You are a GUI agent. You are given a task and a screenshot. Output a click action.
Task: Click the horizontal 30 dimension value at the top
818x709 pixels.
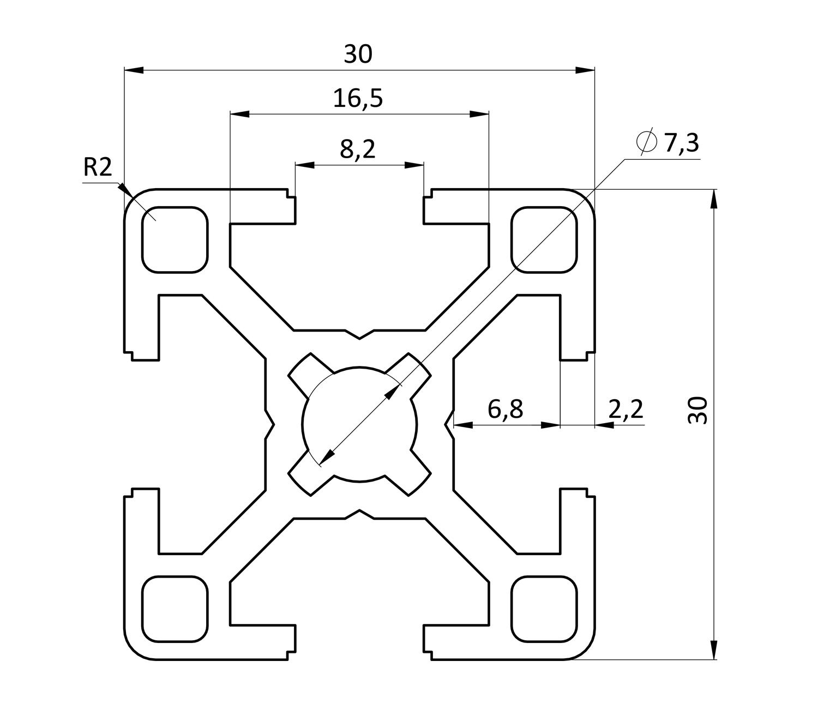coord(358,55)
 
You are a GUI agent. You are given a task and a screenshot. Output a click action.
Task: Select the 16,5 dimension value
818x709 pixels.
coord(358,99)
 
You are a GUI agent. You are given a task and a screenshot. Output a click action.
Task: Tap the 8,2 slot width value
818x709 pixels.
coord(358,149)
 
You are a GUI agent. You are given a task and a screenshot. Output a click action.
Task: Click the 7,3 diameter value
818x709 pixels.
coord(681,143)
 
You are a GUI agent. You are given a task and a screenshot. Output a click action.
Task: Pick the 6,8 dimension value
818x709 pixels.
coord(506,408)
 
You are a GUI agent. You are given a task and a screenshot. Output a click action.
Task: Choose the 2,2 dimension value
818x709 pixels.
coord(625,408)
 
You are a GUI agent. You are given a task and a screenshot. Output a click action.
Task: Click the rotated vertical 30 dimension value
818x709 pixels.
coord(697,410)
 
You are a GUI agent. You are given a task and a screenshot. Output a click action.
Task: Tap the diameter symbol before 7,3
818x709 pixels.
coord(647,142)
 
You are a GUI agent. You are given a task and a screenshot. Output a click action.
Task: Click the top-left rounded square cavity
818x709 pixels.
coord(175,239)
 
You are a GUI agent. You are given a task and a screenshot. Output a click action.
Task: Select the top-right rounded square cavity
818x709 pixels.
coord(544,239)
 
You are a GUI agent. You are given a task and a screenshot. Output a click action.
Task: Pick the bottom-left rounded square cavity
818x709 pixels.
coord(175,608)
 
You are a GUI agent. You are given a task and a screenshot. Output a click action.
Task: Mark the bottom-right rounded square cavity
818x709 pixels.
coord(544,608)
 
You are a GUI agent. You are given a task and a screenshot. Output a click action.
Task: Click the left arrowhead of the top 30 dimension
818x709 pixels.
coord(134,70)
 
